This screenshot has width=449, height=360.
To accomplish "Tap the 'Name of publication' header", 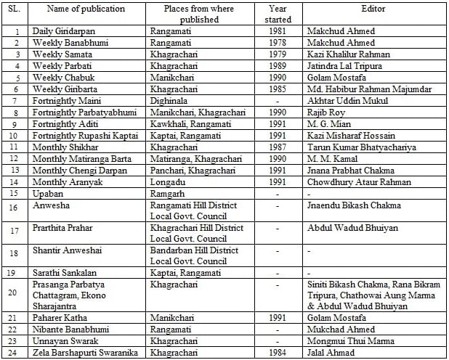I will click(86, 9).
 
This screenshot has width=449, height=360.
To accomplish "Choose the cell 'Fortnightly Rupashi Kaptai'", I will click(81, 136).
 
